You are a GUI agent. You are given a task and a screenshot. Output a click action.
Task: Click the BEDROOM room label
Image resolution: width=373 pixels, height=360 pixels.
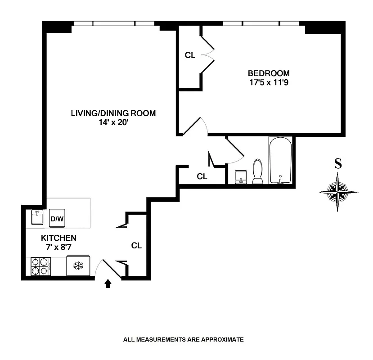click(269, 73)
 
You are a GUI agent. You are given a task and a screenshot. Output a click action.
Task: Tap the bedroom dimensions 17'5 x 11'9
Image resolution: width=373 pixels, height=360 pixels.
click(269, 83)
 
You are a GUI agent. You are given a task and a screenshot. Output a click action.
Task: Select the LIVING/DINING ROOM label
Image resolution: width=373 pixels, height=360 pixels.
click(113, 113)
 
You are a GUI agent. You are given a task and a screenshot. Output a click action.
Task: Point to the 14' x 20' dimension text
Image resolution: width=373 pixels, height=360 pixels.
click(113, 122)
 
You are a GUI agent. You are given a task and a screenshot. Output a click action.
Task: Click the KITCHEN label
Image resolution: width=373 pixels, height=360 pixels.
click(58, 238)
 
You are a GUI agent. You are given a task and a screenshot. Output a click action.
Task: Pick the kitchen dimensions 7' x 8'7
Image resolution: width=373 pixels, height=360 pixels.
click(58, 247)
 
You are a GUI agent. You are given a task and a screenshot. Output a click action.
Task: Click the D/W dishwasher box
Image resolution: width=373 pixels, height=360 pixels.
click(57, 219)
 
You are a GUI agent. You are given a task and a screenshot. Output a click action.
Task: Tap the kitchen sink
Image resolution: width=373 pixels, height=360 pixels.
click(37, 218)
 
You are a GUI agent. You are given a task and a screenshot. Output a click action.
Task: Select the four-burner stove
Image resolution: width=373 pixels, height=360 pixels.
click(40, 266)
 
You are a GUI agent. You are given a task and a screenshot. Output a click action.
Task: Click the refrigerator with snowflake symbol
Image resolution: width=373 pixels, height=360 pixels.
click(78, 266)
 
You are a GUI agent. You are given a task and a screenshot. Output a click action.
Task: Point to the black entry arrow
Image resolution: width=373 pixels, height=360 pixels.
click(108, 283)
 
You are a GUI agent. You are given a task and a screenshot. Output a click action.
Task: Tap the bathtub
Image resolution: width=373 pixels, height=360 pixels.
click(281, 161)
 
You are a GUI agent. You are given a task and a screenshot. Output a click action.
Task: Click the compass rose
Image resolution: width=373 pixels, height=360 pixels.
click(338, 192)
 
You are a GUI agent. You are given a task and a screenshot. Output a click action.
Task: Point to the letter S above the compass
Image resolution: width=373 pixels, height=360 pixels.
click(337, 164)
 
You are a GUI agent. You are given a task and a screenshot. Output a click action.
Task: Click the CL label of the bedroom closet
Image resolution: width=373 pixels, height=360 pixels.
click(190, 55)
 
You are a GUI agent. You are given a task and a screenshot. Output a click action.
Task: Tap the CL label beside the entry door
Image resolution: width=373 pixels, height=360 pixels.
click(136, 246)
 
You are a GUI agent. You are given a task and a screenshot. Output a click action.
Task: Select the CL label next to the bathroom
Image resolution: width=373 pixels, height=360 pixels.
click(202, 177)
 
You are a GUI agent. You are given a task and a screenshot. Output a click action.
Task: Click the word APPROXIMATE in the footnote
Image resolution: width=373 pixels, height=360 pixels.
click(221, 340)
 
